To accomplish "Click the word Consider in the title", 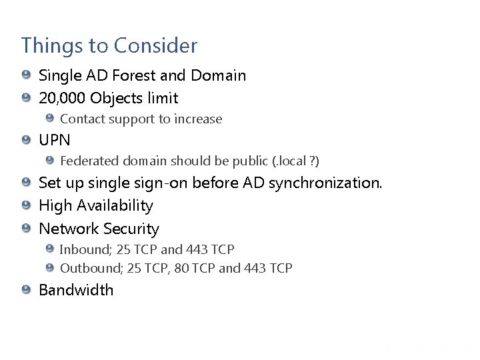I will click(x=155, y=46).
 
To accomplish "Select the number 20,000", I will click(x=62, y=99).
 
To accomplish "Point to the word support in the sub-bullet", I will click(x=132, y=119).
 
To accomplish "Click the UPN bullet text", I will click(x=55, y=141).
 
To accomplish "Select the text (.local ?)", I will click(x=296, y=161).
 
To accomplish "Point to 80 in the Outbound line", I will click(x=181, y=268).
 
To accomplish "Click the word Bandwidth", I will click(x=76, y=290).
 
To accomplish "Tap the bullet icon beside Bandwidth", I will click(x=25, y=289).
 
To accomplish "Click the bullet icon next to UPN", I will click(x=25, y=140).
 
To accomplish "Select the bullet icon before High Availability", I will click(x=25, y=205).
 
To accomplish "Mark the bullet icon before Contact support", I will click(x=49, y=119).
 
